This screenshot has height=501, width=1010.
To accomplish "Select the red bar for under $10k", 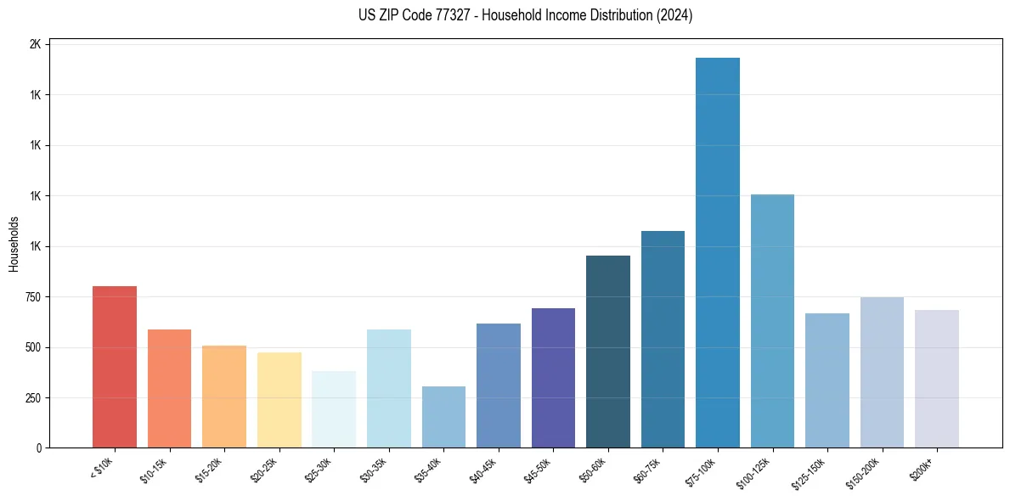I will click(115, 367).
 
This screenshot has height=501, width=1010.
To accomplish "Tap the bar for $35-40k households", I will click(443, 417).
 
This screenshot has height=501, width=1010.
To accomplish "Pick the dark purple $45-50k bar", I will click(553, 378).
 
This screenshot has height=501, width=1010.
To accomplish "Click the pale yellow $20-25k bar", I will click(279, 400).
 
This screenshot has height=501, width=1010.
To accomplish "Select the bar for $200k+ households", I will click(936, 379).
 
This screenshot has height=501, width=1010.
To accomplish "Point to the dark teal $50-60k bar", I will click(608, 352).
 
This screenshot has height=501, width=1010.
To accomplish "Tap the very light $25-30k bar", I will click(334, 409).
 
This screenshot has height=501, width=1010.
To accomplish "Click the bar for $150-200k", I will click(882, 372).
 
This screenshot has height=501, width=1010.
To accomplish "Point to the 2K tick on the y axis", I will click(35, 44).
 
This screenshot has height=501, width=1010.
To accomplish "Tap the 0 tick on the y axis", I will click(39, 448).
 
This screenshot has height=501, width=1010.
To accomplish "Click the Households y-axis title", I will click(14, 244).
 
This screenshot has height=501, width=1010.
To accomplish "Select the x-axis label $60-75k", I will click(647, 470).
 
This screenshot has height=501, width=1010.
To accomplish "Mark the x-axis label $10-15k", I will click(154, 470).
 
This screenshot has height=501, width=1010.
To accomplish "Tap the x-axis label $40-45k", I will click(482, 470).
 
